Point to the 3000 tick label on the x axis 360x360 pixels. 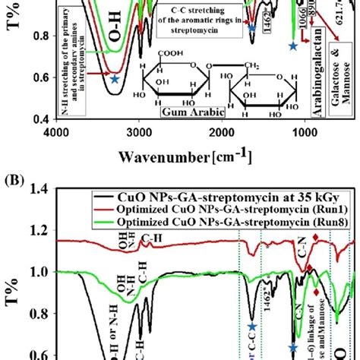pyautogui.click(x=139, y=131)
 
